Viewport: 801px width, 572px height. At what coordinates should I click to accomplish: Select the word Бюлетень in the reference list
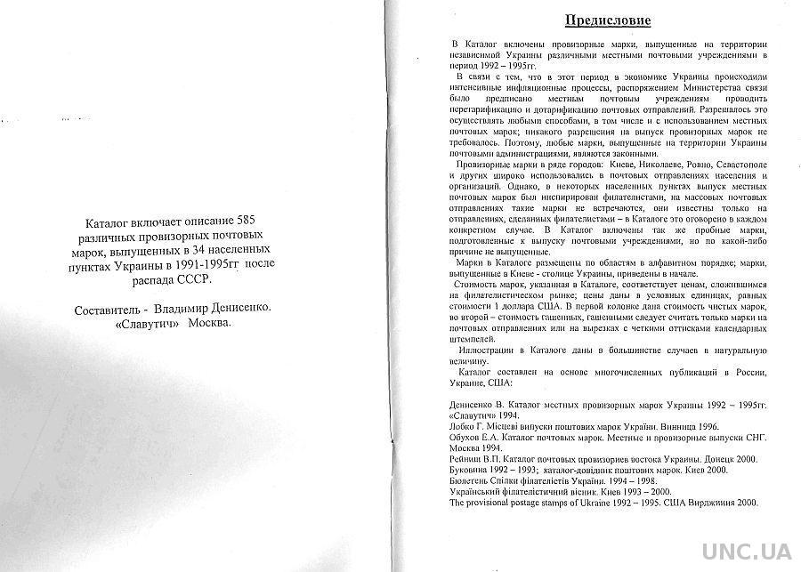click(474, 480)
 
